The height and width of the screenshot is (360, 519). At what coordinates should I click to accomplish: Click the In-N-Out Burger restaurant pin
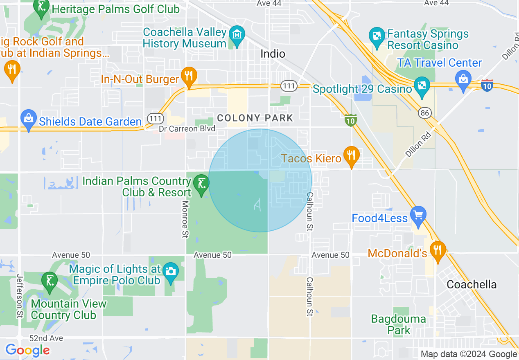tap(188, 76)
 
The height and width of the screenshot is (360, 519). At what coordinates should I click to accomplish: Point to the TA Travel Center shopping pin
tap(463, 78)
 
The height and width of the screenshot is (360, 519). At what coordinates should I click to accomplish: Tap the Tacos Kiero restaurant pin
tap(351, 155)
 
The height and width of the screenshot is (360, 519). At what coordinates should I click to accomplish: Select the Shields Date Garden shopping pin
tap(28, 119)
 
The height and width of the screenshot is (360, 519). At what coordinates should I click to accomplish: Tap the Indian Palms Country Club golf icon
tap(201, 184)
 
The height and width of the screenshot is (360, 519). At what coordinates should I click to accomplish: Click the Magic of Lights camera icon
tap(170, 272)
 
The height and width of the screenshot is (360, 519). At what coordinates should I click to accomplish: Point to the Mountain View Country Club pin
tap(50, 281)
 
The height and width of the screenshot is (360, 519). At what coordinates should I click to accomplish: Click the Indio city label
tap(273, 54)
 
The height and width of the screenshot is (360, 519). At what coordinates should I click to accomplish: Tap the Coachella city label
tap(472, 285)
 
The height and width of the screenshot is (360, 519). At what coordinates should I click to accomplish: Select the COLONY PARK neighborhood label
tap(255, 118)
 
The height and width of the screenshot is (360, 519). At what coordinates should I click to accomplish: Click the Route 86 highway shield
tap(424, 112)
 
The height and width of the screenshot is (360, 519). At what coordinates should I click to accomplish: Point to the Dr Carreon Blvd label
tap(187, 129)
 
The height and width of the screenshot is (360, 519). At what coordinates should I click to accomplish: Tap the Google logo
tap(27, 350)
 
